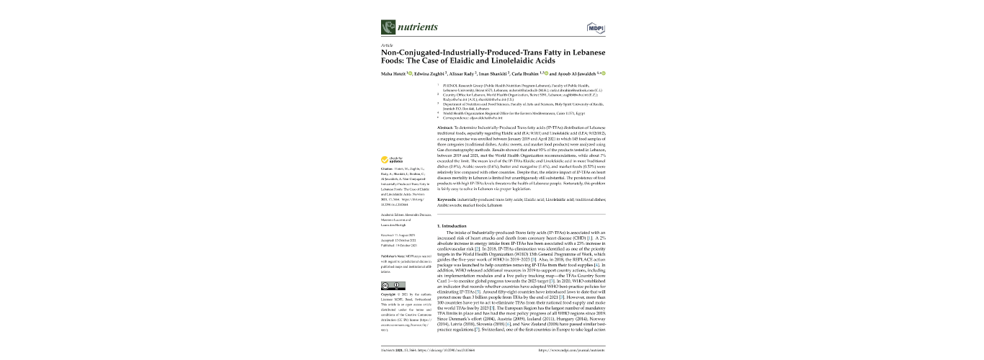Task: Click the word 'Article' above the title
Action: click(386, 45)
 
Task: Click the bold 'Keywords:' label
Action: click(448, 198)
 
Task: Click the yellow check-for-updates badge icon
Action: click(385, 160)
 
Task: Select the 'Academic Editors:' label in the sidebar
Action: click(393, 215)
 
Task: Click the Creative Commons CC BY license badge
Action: click(388, 286)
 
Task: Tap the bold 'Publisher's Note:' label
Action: click(393, 256)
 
